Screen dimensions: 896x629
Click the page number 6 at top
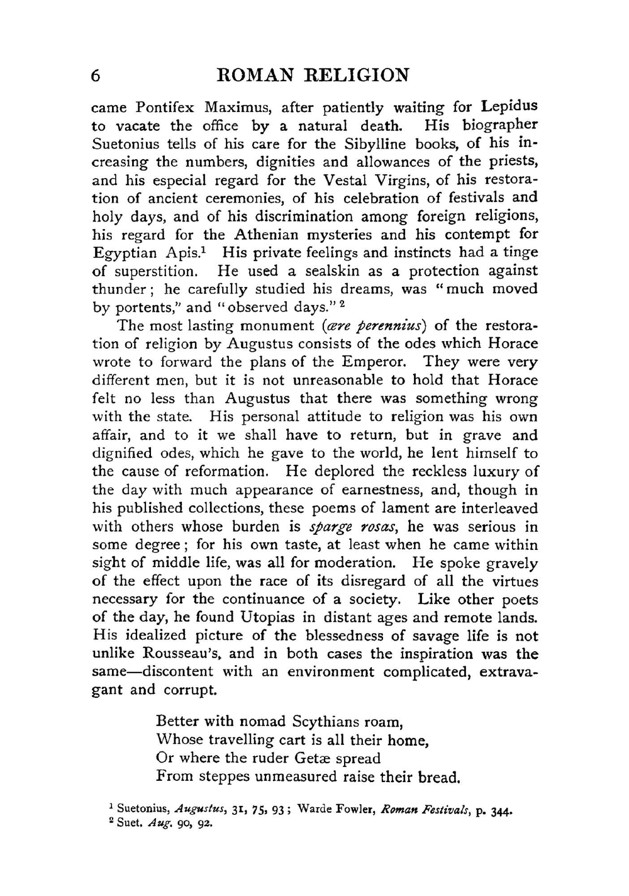(95, 76)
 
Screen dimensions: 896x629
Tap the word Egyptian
(125, 254)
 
